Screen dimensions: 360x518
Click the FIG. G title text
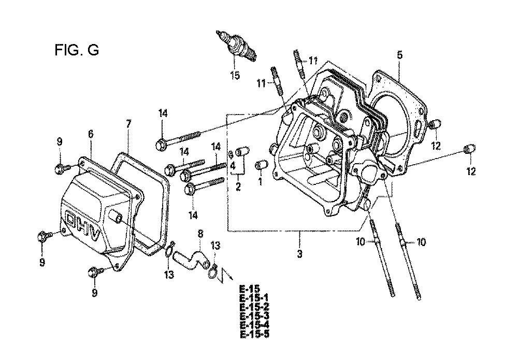77,51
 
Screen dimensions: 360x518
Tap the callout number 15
235,76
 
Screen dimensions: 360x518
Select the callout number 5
399,54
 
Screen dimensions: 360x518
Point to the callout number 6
91,134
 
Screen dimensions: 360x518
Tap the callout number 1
260,182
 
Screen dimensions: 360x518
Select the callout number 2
238,187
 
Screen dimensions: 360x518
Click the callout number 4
234,167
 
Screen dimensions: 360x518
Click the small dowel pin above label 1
262,165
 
